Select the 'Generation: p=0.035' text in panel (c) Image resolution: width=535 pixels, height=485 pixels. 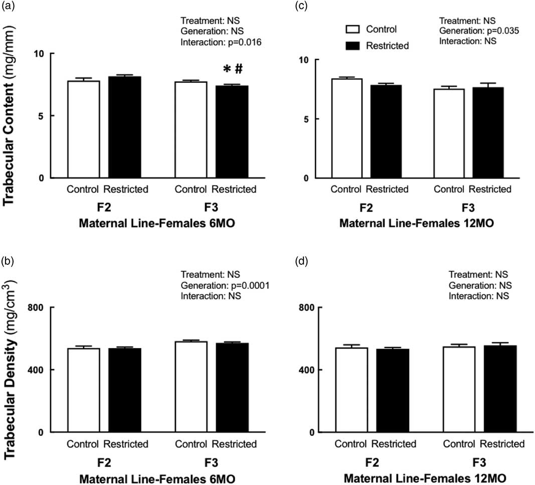click(x=479, y=31)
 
